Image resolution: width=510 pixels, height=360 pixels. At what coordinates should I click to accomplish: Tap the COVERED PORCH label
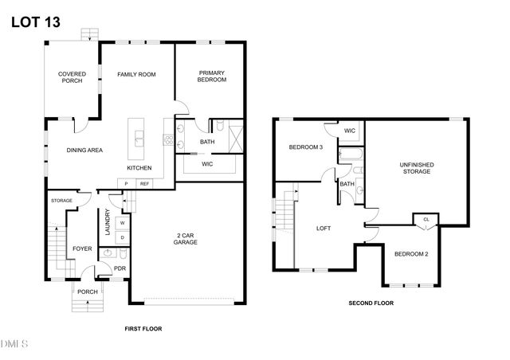[x=72, y=77]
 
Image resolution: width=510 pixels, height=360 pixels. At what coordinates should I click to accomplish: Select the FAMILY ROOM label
[x=136, y=74]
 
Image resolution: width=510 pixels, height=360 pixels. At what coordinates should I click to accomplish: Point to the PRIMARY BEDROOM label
[x=213, y=76]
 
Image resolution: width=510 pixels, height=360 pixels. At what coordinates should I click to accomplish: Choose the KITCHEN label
[x=139, y=168]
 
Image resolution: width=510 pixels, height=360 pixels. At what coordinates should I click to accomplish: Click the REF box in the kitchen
[x=145, y=184]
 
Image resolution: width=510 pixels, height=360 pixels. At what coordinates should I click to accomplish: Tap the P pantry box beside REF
[x=126, y=184]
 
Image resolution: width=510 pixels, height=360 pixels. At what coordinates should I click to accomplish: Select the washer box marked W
[x=122, y=223]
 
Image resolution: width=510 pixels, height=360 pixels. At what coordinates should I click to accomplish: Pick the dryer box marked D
[x=122, y=237]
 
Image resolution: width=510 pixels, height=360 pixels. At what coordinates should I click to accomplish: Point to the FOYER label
[x=82, y=249]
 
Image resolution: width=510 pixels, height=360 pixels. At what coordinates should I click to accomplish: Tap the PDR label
[x=120, y=268]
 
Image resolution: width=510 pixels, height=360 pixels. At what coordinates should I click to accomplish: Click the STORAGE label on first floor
[x=61, y=201]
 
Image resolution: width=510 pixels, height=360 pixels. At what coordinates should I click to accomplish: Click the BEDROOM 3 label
[x=305, y=147]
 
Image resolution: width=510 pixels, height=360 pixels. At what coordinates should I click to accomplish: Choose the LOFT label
[x=324, y=229]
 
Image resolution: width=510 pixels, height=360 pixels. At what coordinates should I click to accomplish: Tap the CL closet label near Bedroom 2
[x=426, y=219]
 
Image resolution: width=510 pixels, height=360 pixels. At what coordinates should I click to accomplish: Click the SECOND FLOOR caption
[x=371, y=303]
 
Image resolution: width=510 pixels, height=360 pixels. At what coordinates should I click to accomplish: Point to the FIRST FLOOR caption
[x=143, y=328]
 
